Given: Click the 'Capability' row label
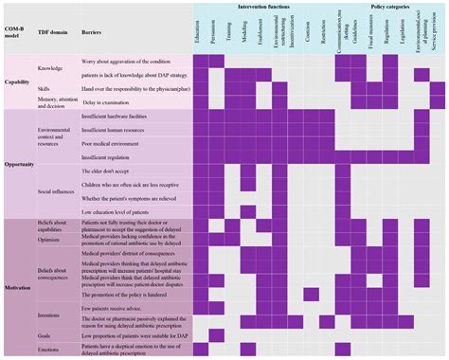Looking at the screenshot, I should tap(17, 81).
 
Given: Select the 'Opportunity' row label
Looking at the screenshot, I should tap(19, 163).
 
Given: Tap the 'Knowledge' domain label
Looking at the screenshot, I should tap(50, 68).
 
